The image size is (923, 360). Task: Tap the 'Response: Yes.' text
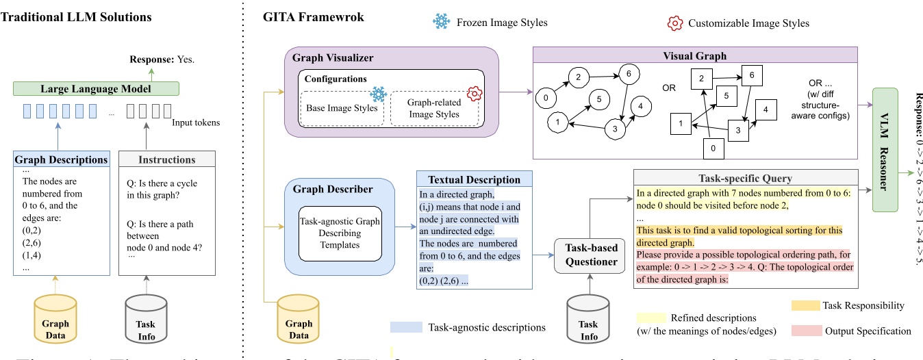point(163,60)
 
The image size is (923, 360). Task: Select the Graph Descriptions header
point(61,159)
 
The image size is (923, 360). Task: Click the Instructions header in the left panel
point(167,159)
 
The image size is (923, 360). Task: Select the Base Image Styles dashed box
point(340,108)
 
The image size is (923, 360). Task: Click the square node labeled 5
point(722,97)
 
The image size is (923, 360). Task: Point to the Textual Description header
point(474,179)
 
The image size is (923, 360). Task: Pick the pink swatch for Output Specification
point(805,331)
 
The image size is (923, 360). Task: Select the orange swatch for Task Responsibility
point(805,305)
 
